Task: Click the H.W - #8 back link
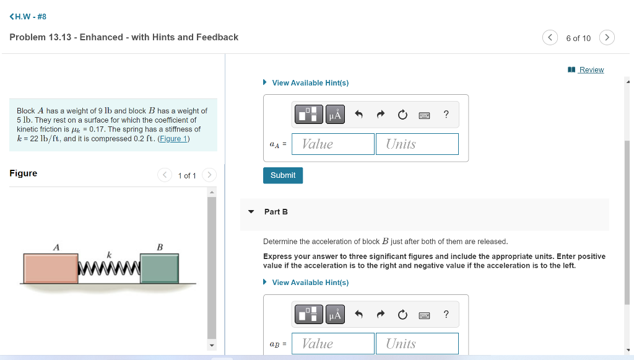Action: [x=28, y=17]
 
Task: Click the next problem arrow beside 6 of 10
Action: [x=607, y=38]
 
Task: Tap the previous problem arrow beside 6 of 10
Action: [x=550, y=38]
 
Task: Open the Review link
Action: [x=591, y=70]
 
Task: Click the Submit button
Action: [x=283, y=175]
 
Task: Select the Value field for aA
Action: [x=333, y=144]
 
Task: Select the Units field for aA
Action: [x=417, y=144]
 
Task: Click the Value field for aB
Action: [x=333, y=343]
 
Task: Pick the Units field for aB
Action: [x=417, y=343]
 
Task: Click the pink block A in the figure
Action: [x=51, y=268]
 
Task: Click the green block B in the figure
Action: [x=160, y=268]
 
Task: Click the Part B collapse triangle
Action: [x=251, y=212]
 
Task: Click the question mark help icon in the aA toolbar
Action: [x=446, y=115]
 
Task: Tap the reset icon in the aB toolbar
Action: [x=402, y=315]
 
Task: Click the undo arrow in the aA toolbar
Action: [x=358, y=115]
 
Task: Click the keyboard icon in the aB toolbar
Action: [x=424, y=315]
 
